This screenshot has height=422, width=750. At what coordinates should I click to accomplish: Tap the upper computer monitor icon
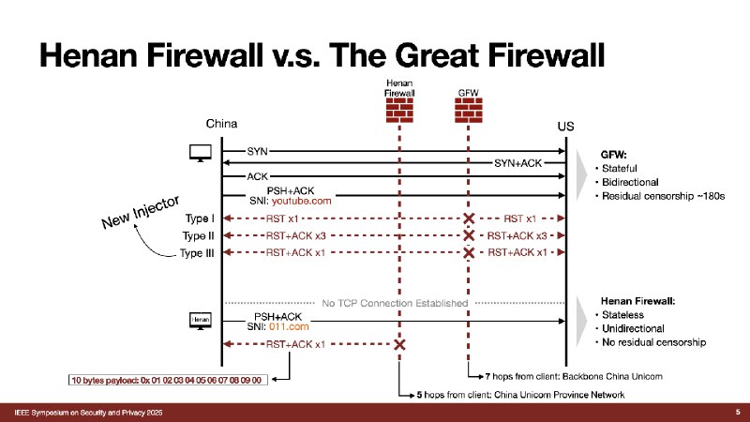point(200,152)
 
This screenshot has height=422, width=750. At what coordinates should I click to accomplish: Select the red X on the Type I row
point(469,219)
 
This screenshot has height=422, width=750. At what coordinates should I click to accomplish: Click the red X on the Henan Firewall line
point(399,344)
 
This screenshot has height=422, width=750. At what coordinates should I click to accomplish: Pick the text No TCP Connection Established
point(394,302)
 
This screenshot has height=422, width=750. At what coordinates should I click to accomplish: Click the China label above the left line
point(222,124)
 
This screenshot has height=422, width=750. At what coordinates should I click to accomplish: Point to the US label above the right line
point(565,126)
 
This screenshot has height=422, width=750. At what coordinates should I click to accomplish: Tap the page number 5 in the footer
point(738,411)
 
